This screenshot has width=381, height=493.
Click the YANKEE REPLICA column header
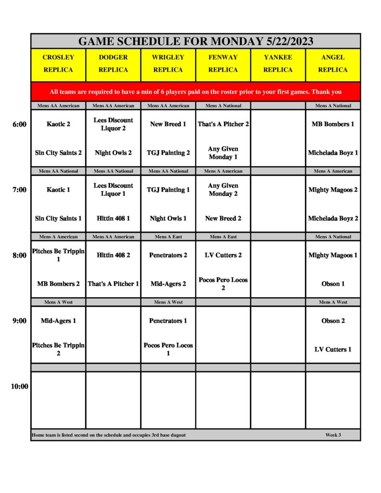pyautogui.click(x=278, y=64)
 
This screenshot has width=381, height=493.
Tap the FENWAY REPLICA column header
pyautogui.click(x=223, y=64)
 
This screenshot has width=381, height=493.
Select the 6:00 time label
pyautogui.click(x=19, y=124)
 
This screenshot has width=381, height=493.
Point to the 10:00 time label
pyautogui.click(x=19, y=386)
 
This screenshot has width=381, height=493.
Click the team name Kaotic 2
pyautogui.click(x=58, y=124)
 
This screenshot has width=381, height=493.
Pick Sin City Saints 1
pyautogui.click(x=58, y=219)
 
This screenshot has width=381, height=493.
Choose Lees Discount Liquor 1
pyautogui.click(x=113, y=190)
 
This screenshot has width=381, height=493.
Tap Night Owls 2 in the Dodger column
pyautogui.click(x=113, y=153)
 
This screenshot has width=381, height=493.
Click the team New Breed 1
pyautogui.click(x=168, y=124)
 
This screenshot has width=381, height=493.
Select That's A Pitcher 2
pyautogui.click(x=223, y=124)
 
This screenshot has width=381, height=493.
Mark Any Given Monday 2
pyautogui.click(x=223, y=190)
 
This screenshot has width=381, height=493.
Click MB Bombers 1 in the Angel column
pyautogui.click(x=333, y=124)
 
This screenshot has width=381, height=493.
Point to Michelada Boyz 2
pyautogui.click(x=333, y=219)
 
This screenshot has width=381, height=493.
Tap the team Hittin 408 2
pyautogui.click(x=113, y=255)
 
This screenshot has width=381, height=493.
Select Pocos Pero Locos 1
pyautogui.click(x=168, y=350)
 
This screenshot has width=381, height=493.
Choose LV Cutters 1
pyautogui.click(x=333, y=350)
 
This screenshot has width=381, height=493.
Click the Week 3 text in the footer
pyautogui.click(x=333, y=435)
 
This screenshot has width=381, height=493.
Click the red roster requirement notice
pyautogui.click(x=196, y=92)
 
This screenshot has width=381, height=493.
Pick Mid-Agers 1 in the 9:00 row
pyautogui.click(x=58, y=321)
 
